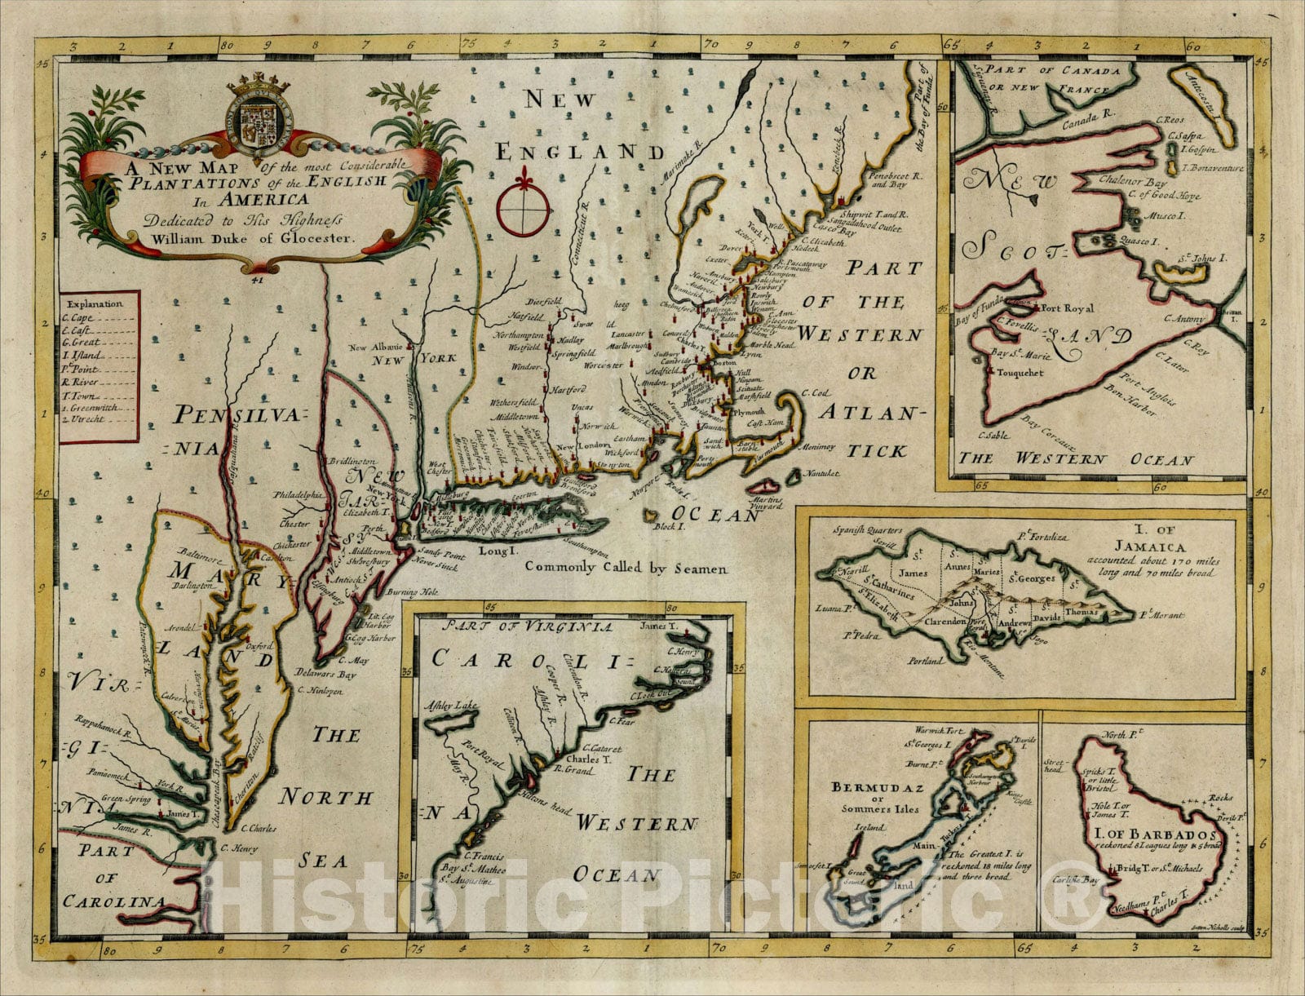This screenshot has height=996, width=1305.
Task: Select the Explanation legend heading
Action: click(95, 303)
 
